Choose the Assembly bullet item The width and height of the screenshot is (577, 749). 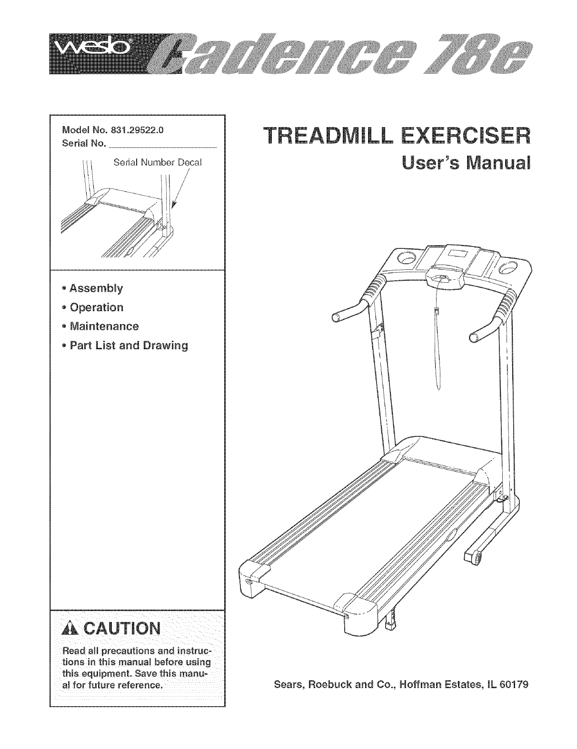[x=96, y=288]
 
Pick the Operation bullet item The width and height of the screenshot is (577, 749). [x=96, y=307]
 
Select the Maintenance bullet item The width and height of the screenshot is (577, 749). [x=104, y=326]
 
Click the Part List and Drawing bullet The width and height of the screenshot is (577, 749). [x=129, y=345]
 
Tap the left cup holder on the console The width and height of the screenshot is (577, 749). [x=406, y=259]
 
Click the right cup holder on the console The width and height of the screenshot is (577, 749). [x=508, y=266]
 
